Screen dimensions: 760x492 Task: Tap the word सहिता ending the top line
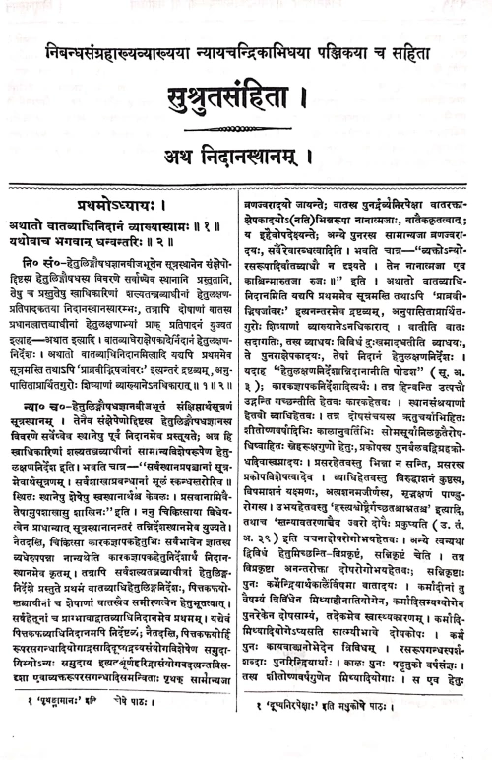[x=434, y=46]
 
